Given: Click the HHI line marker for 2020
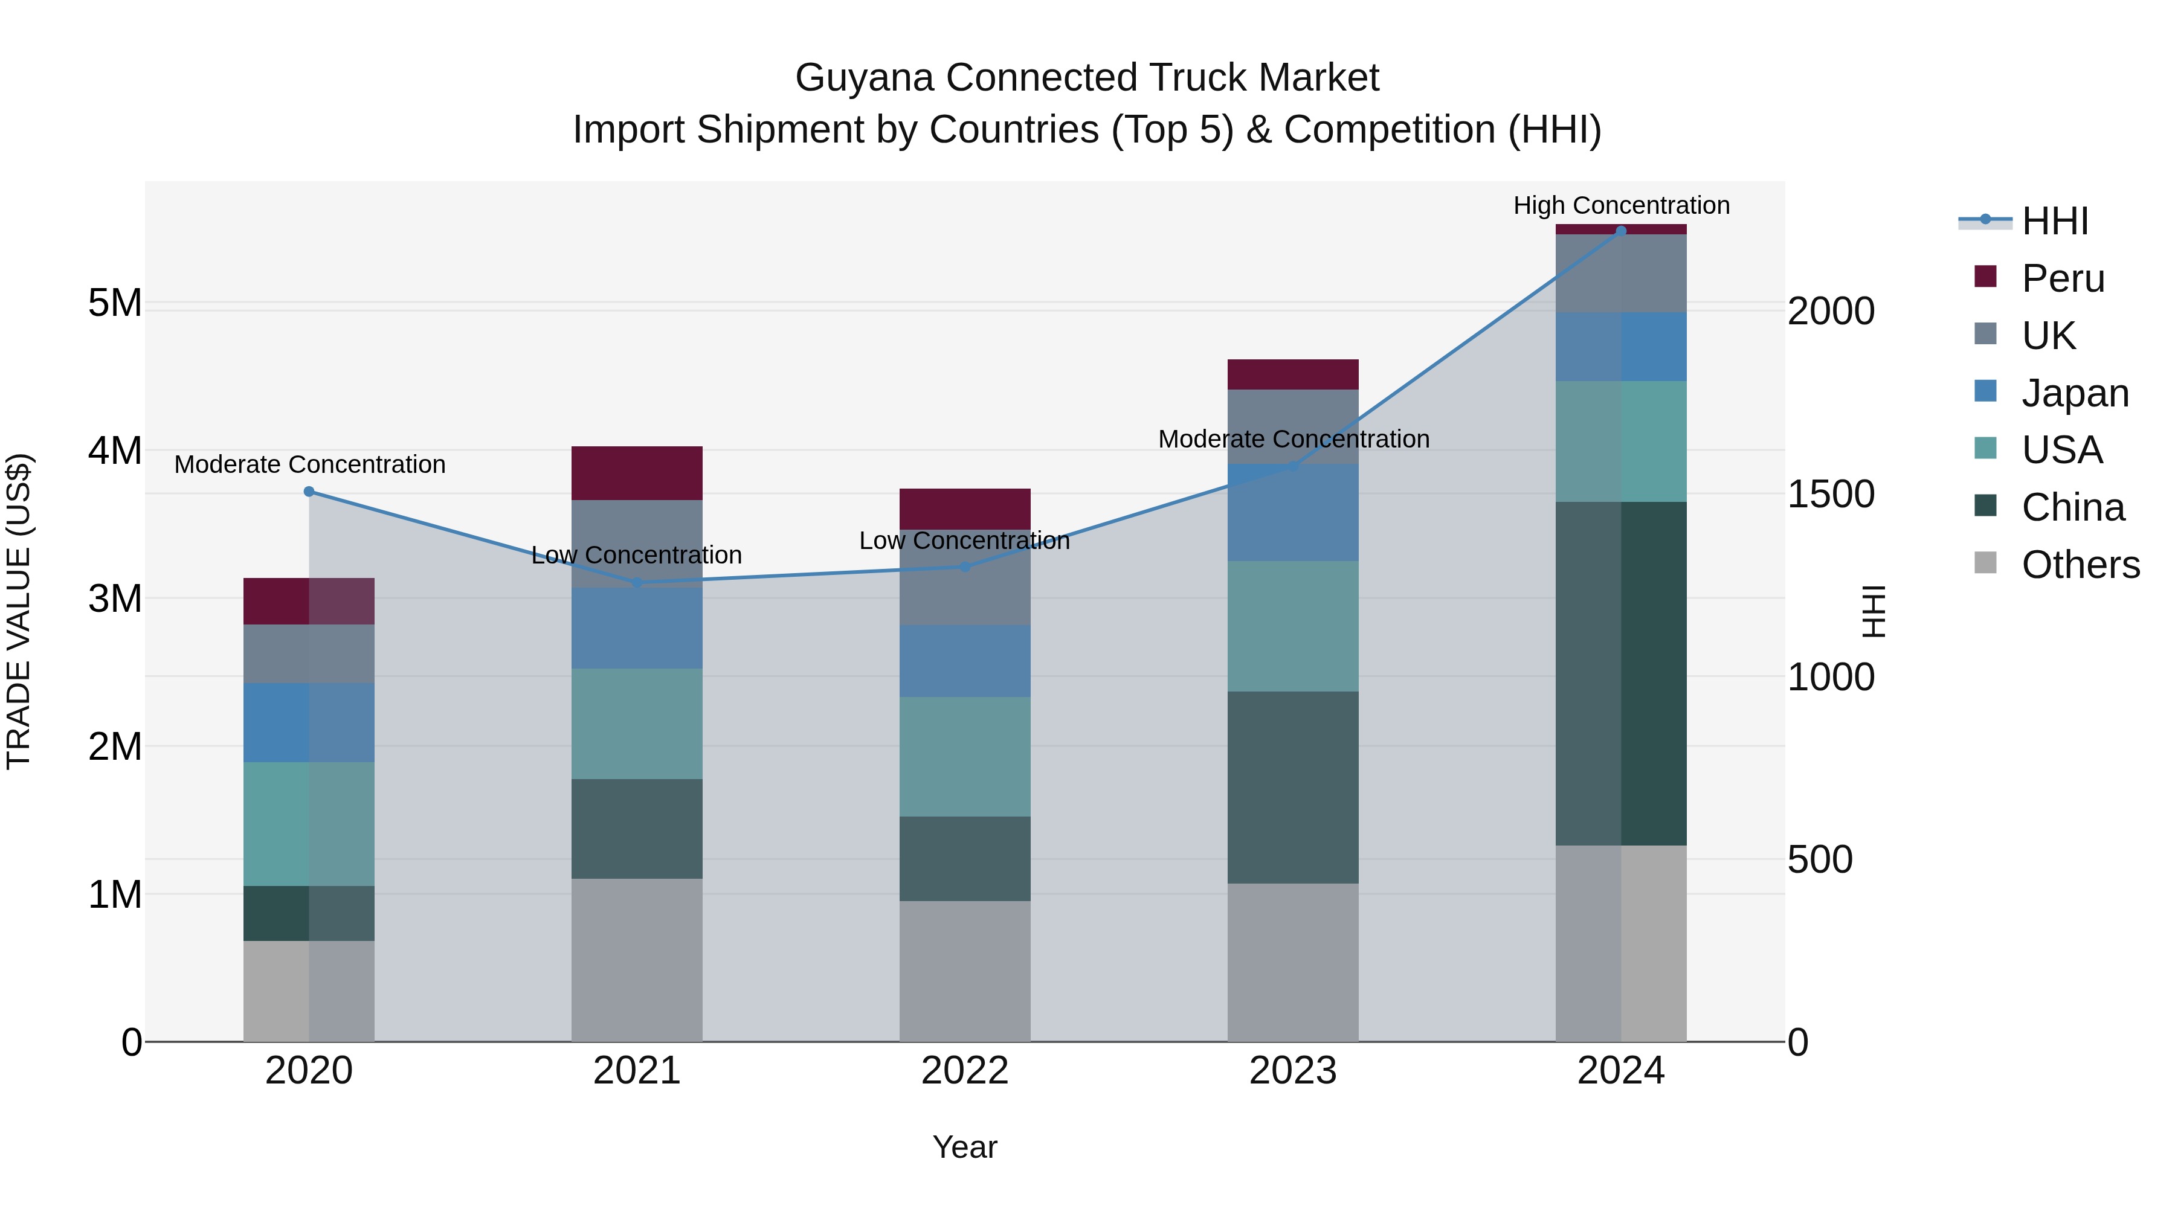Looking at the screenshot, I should click(309, 491).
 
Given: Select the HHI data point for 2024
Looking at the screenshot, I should click(1620, 231).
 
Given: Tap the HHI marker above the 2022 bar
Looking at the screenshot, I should click(965, 567).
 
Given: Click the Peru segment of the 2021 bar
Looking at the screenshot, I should click(637, 473).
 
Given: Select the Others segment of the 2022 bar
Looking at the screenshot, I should click(964, 971).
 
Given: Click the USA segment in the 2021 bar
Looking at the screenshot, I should click(637, 724).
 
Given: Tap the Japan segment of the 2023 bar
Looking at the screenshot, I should click(1293, 512).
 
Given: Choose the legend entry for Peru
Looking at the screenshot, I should click(2062, 278).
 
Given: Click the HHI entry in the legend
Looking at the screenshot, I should click(2054, 221).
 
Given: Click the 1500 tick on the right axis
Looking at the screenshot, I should click(1831, 494).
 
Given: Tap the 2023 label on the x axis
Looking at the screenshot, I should click(1293, 1071).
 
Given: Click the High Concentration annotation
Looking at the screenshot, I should click(1621, 205).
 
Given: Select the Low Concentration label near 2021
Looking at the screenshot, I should click(637, 554).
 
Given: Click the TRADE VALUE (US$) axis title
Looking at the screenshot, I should click(19, 611).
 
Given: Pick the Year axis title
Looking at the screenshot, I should click(964, 1147).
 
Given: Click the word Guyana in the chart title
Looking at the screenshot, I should click(865, 78).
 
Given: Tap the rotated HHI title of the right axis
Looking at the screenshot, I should click(1873, 611).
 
